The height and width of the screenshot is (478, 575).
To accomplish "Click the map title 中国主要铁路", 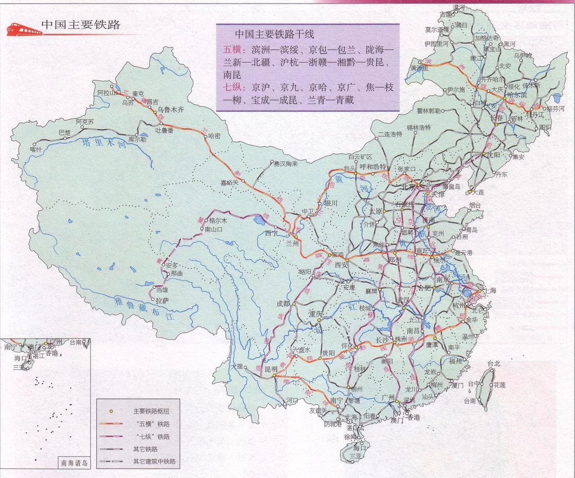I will point(81,25).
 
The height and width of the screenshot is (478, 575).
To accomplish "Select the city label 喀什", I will point(36,149).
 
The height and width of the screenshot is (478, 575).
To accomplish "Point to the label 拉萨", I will point(162,300).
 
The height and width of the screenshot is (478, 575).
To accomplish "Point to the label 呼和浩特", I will point(373,166).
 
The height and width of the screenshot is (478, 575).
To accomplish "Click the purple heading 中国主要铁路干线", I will point(275,34).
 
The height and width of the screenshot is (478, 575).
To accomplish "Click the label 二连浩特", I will point(390,134).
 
